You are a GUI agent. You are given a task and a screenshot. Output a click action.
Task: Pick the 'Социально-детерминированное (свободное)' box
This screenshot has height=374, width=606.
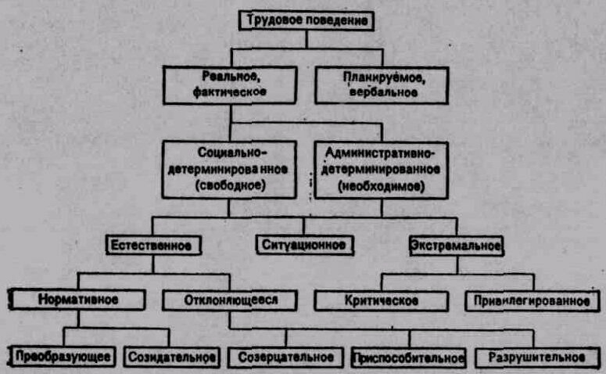[x=230, y=168]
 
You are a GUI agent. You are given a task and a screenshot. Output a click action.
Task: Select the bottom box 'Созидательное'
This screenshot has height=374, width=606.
[x=172, y=358]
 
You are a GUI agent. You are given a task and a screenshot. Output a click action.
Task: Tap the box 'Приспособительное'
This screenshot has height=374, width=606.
[x=409, y=358]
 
